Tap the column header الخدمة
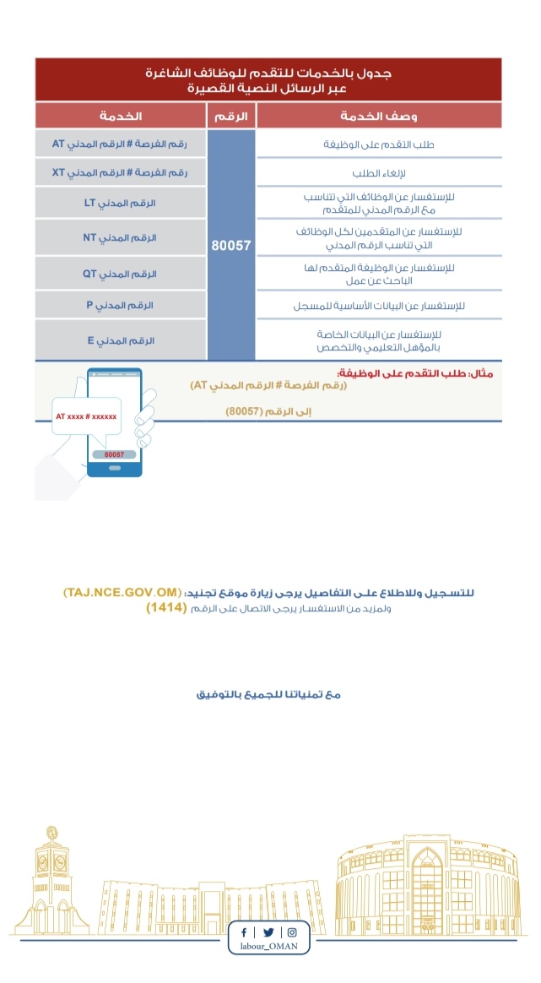click(x=121, y=116)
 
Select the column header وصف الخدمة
click(x=379, y=116)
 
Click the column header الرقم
click(x=231, y=116)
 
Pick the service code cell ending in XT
click(x=121, y=172)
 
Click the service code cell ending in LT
click(x=121, y=204)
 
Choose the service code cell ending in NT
click(x=121, y=237)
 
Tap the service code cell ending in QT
click(x=121, y=274)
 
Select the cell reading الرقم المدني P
click(x=121, y=304)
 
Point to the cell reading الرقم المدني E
click(x=121, y=339)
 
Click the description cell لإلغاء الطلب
click(x=379, y=172)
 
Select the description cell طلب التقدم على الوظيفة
click(x=379, y=144)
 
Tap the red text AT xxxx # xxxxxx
click(x=86, y=417)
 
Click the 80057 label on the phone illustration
click(x=114, y=453)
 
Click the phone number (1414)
click(x=165, y=608)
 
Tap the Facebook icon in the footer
click(x=245, y=932)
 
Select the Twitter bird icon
click(x=268, y=932)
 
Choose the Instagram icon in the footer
click(x=292, y=932)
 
